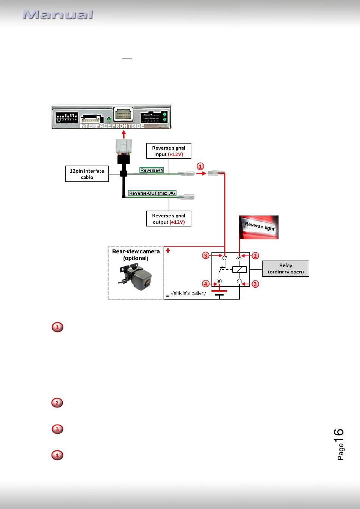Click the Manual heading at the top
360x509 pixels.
coord(58,14)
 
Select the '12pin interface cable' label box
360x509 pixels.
coord(87,174)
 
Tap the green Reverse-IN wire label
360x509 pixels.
coord(152,170)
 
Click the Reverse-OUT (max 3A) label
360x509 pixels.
coord(152,193)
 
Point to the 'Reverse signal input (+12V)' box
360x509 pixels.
coord(169,151)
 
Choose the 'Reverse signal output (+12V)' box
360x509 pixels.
coord(169,219)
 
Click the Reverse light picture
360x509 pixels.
coord(258,227)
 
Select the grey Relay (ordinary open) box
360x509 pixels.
coord(286,269)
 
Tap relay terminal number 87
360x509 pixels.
coord(224,258)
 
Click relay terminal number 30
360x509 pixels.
coord(219,281)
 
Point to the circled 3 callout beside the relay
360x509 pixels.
coord(206,256)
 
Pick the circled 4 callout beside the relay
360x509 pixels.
coord(206,284)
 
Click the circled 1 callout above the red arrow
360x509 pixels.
coord(200,167)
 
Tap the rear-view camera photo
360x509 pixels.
coord(136,277)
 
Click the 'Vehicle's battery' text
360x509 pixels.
coord(188,293)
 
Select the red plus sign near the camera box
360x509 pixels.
coord(168,251)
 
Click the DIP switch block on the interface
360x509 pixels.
coord(67,118)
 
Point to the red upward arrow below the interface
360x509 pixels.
coord(124,134)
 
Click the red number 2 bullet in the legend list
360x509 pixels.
coord(57,403)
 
